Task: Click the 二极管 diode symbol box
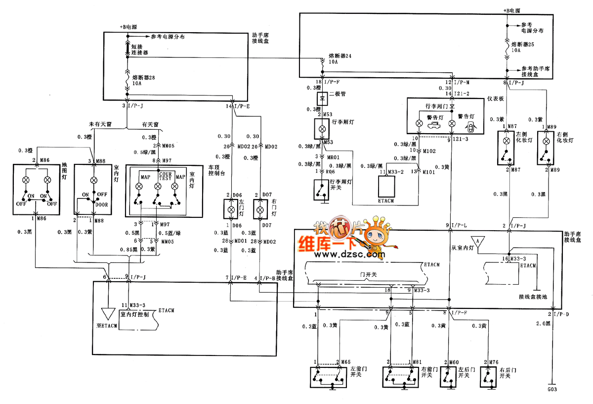coord(323,97)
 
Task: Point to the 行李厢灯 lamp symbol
coord(323,128)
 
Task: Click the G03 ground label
coord(552,391)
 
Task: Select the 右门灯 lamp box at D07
coord(259,210)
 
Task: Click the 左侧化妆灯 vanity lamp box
coord(506,147)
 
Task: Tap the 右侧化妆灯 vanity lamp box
coord(546,147)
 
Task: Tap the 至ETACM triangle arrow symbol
coord(107,313)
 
